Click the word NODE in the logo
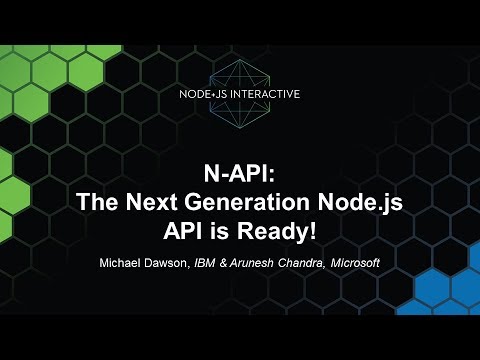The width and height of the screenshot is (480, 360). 196,94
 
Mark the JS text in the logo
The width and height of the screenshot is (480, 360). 224,94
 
